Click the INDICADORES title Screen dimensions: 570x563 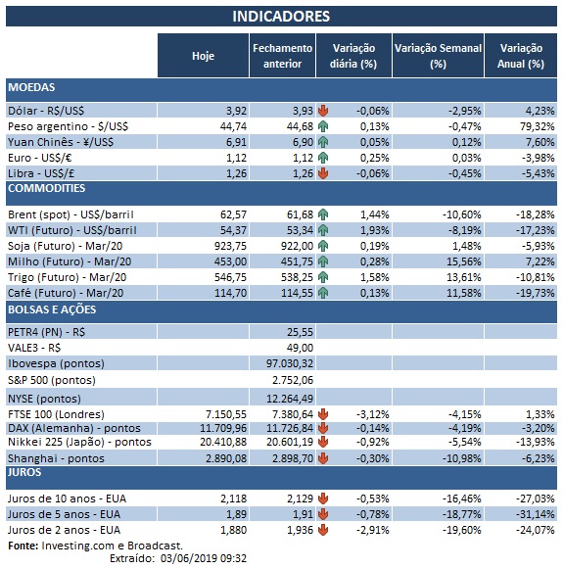tap(281, 16)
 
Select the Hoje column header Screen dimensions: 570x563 tap(204, 56)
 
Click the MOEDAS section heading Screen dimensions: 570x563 tap(32, 88)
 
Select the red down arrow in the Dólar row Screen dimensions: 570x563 tap(323, 111)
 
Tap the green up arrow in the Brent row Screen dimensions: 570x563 tap(323, 214)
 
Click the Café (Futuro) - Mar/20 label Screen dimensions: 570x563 tap(67, 292)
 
